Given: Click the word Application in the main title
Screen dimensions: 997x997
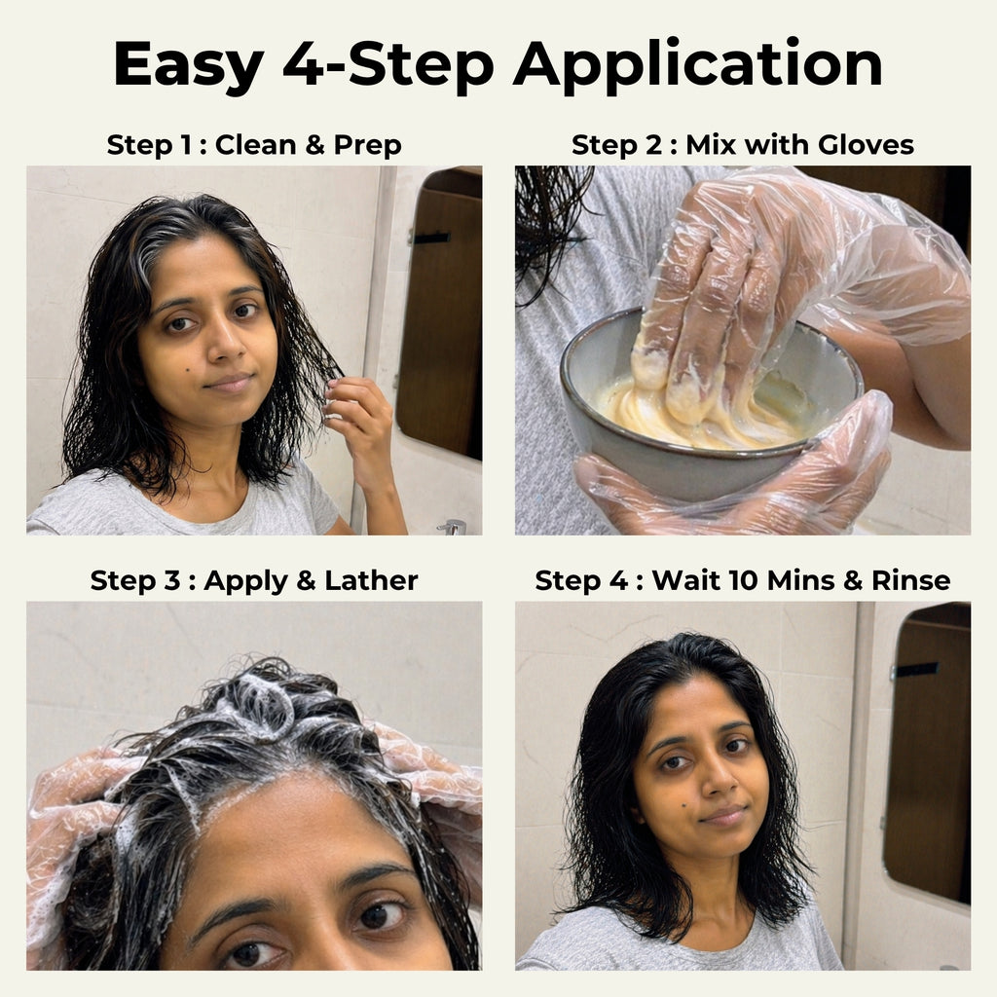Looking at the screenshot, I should pyautogui.click(x=698, y=66).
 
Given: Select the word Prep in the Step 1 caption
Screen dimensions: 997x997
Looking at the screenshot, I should pyautogui.click(x=366, y=146).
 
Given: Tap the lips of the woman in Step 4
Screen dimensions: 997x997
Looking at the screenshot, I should pyautogui.click(x=724, y=815).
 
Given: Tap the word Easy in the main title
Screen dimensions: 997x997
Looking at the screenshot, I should pyautogui.click(x=189, y=66).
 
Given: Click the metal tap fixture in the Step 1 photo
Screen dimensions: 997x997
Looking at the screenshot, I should pyautogui.click(x=452, y=527).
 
